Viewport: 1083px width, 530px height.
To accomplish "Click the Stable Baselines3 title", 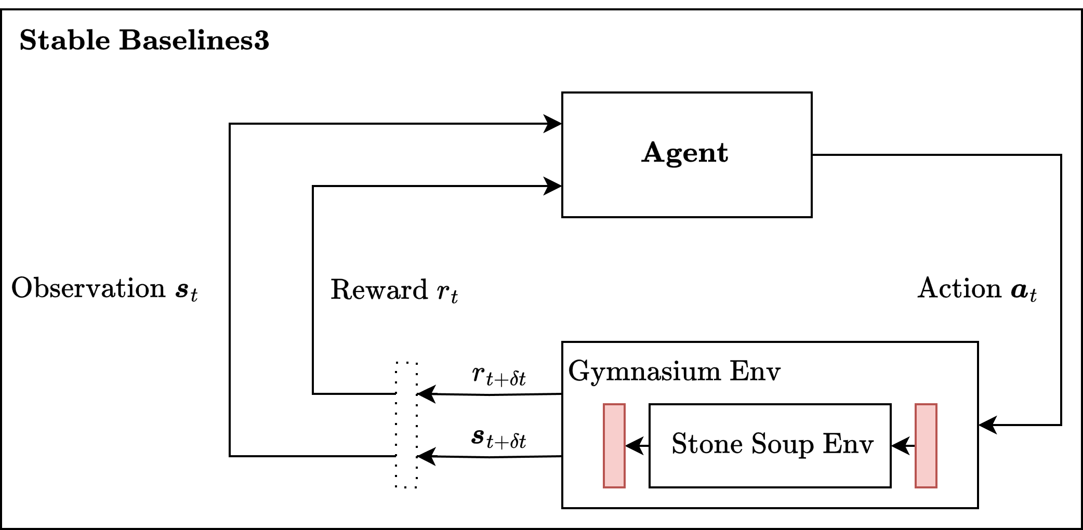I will tap(144, 41).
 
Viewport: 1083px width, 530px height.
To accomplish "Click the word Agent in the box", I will tap(684, 153).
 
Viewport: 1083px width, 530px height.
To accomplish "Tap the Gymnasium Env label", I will tap(674, 372).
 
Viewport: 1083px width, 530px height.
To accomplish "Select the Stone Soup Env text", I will tap(772, 444).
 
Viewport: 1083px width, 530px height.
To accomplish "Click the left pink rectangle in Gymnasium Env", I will tap(614, 446).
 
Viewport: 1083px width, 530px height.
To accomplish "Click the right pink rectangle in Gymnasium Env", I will tap(926, 446).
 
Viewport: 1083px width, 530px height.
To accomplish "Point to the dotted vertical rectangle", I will tap(406, 425).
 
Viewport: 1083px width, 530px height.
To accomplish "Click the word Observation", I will tap(88, 288).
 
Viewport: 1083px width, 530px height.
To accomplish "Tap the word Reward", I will tap(379, 290).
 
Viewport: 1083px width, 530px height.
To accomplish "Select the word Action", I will tap(959, 288).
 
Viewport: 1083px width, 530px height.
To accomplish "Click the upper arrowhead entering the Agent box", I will tap(553, 124).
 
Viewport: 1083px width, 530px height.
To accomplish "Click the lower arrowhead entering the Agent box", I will tap(553, 186).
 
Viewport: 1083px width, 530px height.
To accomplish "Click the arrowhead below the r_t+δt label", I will tap(426, 394).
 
